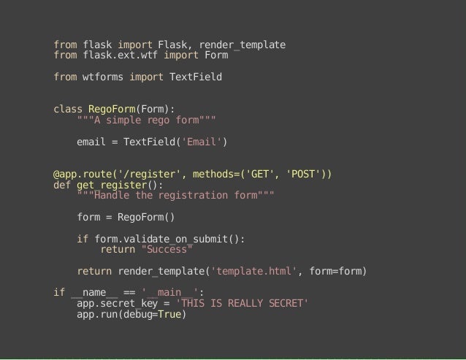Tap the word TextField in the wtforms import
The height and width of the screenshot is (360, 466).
pyautogui.click(x=195, y=76)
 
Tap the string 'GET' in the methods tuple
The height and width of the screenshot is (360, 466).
pyautogui.click(x=261, y=174)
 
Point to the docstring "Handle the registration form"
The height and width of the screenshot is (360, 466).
pyautogui.click(x=175, y=196)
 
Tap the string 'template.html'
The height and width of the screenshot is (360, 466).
pyautogui.click(x=253, y=272)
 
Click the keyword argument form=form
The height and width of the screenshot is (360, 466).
pyautogui.click(x=337, y=272)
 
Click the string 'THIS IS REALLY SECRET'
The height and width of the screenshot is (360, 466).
pyautogui.click(x=244, y=304)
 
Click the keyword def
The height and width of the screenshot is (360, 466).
pyautogui.click(x=62, y=185)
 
